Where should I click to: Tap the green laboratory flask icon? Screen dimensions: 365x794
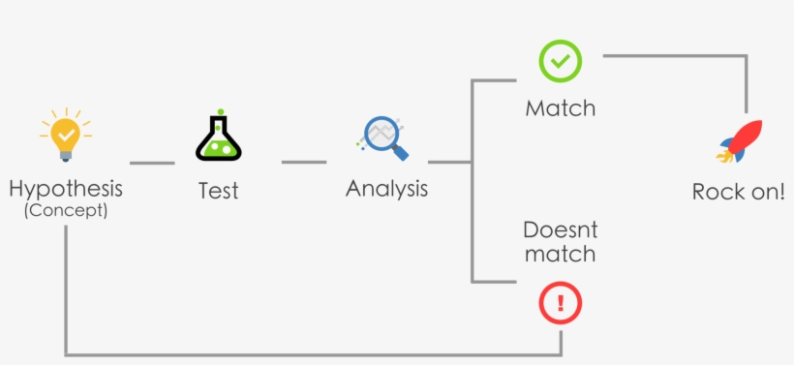click(218, 137)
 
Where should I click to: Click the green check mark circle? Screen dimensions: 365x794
click(560, 61)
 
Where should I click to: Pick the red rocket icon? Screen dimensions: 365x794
click(740, 141)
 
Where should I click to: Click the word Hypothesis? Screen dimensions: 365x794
click(66, 189)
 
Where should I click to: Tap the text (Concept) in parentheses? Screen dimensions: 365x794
click(66, 209)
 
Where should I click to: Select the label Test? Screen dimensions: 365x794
click(218, 191)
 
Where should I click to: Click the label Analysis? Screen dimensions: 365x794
click(386, 189)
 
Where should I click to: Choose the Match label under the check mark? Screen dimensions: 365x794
click(560, 107)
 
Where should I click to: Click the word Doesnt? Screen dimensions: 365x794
click(560, 230)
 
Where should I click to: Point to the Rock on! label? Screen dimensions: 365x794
click(738, 192)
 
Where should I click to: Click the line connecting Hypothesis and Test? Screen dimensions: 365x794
click(152, 163)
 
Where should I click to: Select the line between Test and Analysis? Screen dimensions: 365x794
click(304, 163)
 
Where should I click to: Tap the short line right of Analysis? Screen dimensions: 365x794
click(448, 163)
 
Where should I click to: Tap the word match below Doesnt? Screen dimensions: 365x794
click(560, 255)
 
